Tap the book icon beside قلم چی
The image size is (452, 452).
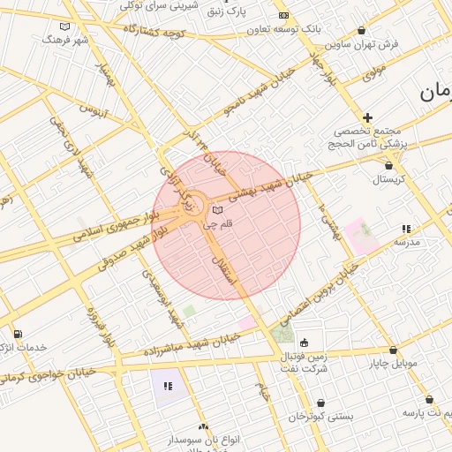tap(217, 210)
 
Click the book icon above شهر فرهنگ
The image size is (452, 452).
tap(64, 26)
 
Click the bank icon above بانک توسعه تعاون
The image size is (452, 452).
tap(283, 16)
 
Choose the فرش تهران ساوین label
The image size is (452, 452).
tap(361, 42)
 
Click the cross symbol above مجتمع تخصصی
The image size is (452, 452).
tap(367, 117)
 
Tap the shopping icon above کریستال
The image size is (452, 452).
tap(389, 164)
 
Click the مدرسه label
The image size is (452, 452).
tap(406, 242)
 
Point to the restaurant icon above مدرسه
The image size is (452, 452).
tap(406, 229)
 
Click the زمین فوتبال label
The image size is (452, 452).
tap(305, 357)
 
